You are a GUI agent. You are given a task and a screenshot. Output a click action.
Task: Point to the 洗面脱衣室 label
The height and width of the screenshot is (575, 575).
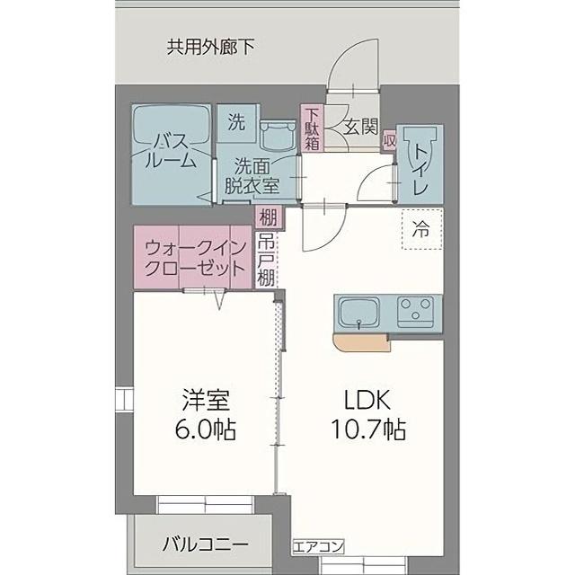click(252, 176)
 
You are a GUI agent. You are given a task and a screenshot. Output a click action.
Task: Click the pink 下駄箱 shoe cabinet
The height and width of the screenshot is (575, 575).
click(312, 128)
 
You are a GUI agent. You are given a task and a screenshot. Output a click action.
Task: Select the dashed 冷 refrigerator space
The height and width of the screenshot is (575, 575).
click(420, 228)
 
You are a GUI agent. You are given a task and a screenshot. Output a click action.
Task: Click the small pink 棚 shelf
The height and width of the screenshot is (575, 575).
click(268, 216)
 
